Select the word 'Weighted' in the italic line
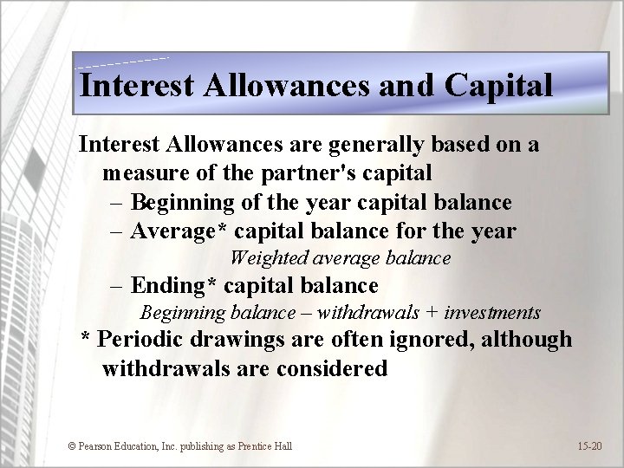263,258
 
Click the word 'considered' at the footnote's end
333,368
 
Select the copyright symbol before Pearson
72,446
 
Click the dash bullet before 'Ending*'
117,286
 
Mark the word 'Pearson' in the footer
97,446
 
